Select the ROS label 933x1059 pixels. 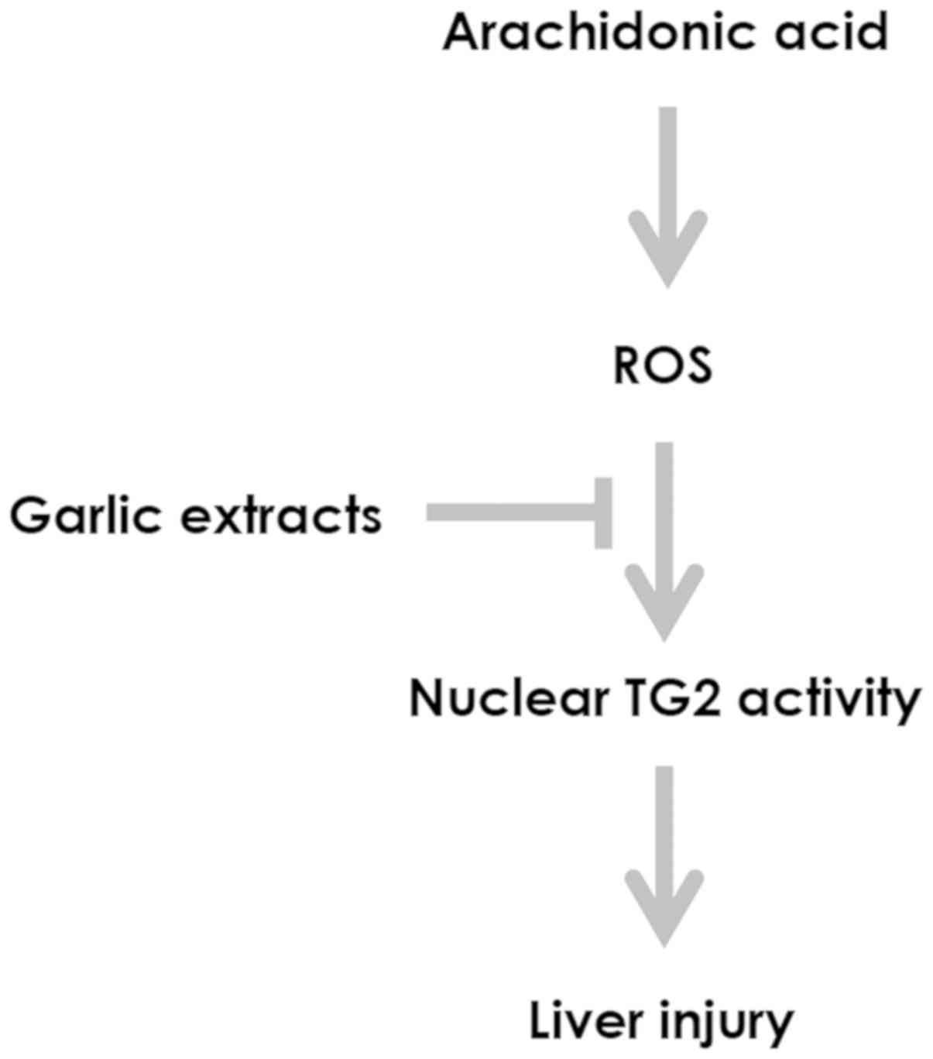(x=662, y=366)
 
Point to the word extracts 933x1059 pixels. (x=281, y=516)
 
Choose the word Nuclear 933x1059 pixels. (x=507, y=699)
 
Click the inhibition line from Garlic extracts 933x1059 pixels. (x=511, y=512)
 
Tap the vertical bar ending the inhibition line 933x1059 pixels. (x=603, y=512)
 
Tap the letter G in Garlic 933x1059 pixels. (x=29, y=516)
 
